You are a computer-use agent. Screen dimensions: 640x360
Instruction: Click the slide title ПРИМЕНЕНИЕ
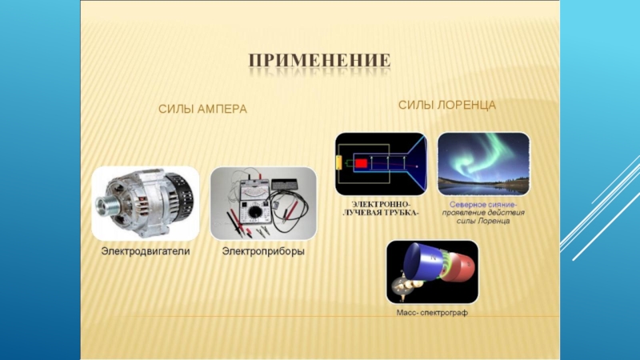[319, 61]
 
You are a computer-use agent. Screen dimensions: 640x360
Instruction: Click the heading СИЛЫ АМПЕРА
[202, 109]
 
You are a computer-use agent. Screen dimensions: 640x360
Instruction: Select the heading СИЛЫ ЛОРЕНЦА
[447, 106]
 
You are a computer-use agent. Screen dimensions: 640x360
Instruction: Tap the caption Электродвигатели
[146, 251]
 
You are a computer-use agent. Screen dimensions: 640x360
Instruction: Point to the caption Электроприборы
[263, 251]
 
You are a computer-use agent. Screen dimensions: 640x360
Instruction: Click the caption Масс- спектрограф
[432, 313]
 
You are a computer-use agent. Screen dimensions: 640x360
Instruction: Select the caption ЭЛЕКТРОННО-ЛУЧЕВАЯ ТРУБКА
[381, 208]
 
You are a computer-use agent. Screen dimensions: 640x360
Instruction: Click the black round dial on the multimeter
[254, 211]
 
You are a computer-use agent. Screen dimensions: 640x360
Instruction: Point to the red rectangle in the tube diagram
[361, 164]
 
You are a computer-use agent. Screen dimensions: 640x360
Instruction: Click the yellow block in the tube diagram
[338, 163]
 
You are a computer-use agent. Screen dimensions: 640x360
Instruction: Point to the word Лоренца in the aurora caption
[494, 221]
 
